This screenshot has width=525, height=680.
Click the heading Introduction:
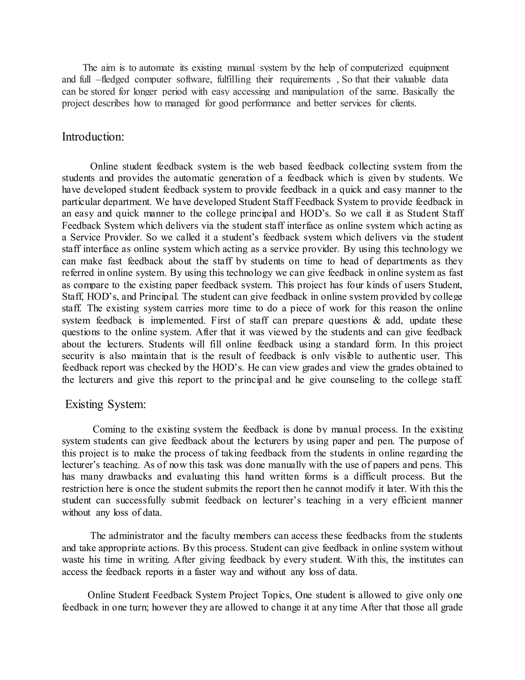coord(93,137)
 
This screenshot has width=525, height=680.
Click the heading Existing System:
coord(105,404)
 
